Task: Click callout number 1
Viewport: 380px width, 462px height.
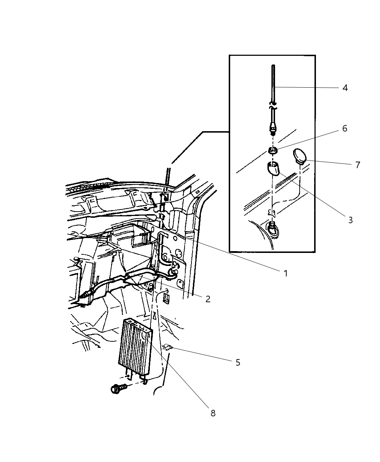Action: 286,273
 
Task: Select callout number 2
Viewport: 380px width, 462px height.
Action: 208,299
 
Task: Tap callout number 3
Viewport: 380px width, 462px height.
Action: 350,220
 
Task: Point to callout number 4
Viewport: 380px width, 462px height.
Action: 345,88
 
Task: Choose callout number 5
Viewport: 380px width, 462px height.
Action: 238,362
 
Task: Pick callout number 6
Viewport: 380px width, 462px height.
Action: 345,129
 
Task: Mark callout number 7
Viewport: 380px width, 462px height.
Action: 358,165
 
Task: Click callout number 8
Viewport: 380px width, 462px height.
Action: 213,413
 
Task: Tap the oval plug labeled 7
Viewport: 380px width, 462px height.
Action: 299,156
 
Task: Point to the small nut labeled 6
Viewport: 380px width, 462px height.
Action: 273,150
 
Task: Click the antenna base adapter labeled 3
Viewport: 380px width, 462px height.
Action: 274,168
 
